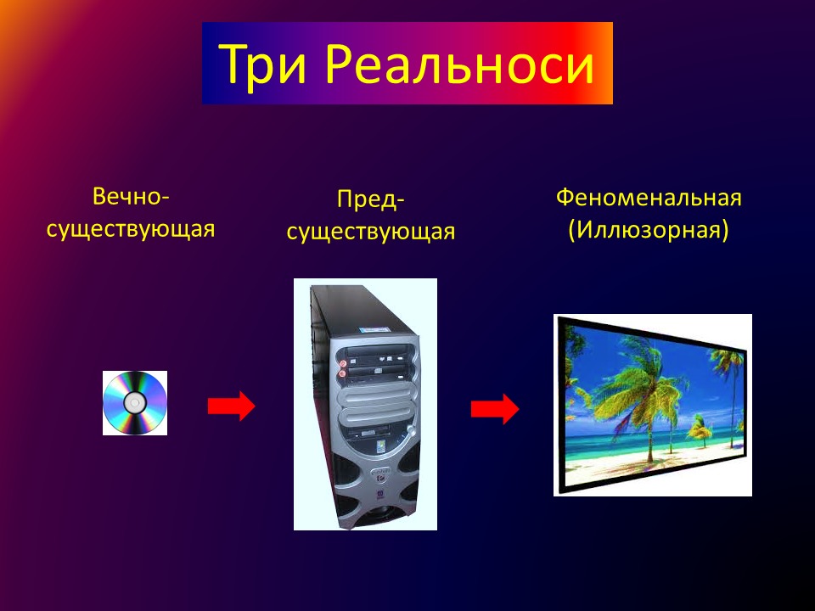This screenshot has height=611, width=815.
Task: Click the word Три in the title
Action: pos(262,64)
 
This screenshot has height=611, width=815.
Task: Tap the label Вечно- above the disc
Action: pos(131,196)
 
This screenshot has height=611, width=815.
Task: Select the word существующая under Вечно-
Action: pos(131,229)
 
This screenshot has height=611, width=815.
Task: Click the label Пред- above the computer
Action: pos(370,199)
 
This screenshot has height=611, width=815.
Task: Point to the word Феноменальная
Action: pos(649,198)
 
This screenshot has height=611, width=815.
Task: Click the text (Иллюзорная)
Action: pos(649,230)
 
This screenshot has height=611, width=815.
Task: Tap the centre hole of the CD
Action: pos(135,402)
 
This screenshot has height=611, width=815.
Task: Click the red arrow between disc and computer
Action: pos(232,406)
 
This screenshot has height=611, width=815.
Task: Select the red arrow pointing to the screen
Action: pos(495,409)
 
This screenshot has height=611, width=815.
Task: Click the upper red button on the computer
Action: pos(342,362)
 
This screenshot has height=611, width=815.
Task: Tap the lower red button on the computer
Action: pos(341,373)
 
